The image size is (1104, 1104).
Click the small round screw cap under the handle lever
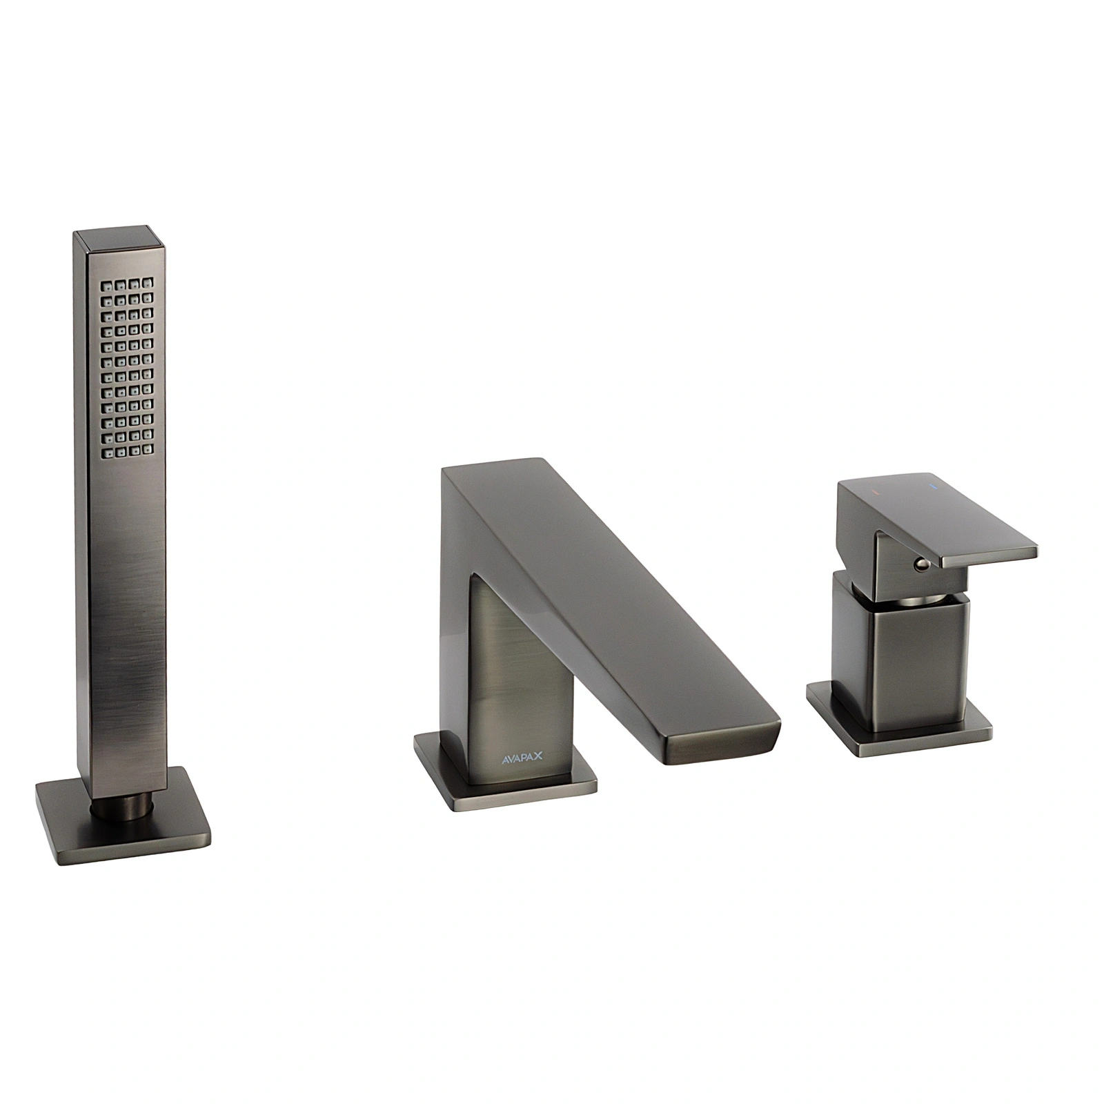919,566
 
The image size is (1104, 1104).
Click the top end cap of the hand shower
121,239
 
